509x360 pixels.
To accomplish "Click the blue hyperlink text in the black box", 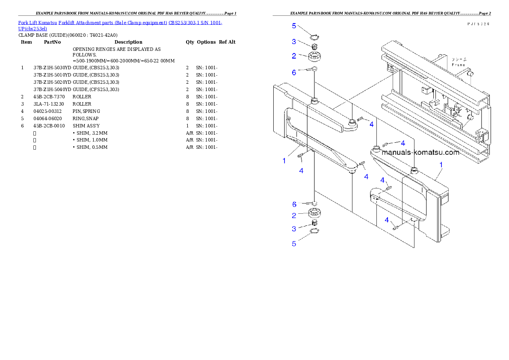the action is click(120, 23).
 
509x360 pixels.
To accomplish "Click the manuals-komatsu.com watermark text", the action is click(420, 152).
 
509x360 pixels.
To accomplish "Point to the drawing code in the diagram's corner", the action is click(478, 24).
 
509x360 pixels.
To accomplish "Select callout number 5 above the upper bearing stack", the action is click(294, 26).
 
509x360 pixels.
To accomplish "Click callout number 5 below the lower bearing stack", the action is click(294, 244).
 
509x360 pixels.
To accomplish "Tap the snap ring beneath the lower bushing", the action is click(315, 231).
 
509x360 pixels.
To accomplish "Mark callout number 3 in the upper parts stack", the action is click(294, 41).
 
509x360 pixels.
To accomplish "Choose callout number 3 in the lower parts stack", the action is click(294, 229).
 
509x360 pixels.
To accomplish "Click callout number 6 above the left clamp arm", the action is click(294, 73).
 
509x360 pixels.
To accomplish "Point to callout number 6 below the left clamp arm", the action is click(294, 204).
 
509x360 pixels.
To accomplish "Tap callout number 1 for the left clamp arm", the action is click(284, 161).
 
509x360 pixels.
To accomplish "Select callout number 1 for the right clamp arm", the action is click(441, 164).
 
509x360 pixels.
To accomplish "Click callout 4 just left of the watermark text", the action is click(402, 143).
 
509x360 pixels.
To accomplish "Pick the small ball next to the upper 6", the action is click(314, 69).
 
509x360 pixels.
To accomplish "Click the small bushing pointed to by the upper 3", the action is click(314, 46).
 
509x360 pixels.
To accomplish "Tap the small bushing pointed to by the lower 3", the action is click(314, 223).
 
